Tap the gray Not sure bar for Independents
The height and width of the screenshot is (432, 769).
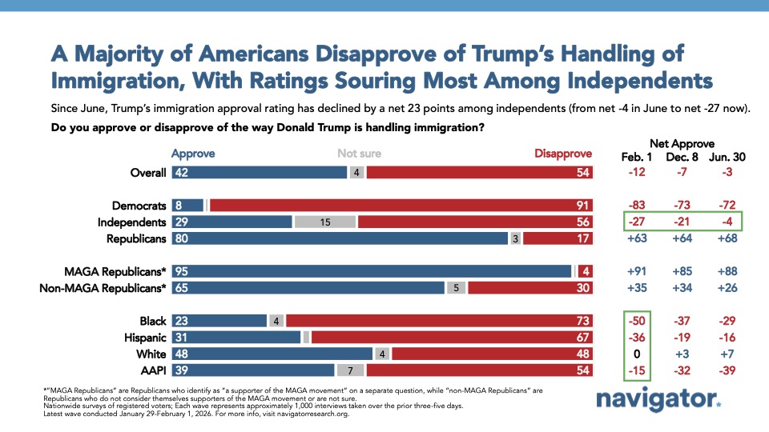[325, 222]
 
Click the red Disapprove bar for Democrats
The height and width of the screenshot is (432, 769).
[401, 206]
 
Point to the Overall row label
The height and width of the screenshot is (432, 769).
[148, 172]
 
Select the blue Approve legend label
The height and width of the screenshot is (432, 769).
[193, 153]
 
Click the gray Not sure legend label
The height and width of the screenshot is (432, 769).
[358, 153]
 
